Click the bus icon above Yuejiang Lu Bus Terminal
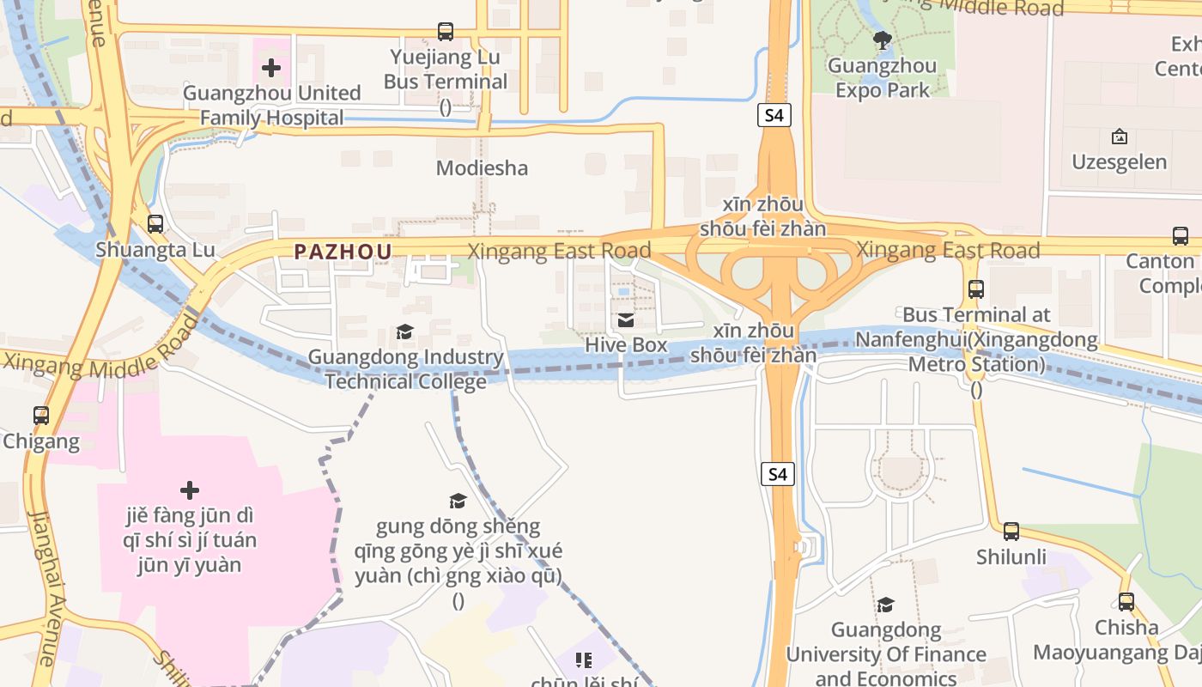coord(445,33)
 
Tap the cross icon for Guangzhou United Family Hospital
coord(271,68)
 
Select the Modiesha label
coord(482,168)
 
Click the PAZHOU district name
coord(343,252)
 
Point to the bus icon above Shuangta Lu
coord(155,224)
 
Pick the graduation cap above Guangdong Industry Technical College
coord(404,332)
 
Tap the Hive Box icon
coord(626,320)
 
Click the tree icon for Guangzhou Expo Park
coord(882,40)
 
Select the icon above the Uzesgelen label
coord(1119,137)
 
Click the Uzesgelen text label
coord(1119,162)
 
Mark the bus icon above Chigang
coord(41,416)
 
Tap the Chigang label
coord(41,441)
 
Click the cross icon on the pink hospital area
coord(190,490)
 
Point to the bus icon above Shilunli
coord(1011,532)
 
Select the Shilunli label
coord(1011,557)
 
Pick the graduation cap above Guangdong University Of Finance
coord(885,605)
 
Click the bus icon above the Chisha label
coord(1126,602)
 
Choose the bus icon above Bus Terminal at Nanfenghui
coord(976,289)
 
